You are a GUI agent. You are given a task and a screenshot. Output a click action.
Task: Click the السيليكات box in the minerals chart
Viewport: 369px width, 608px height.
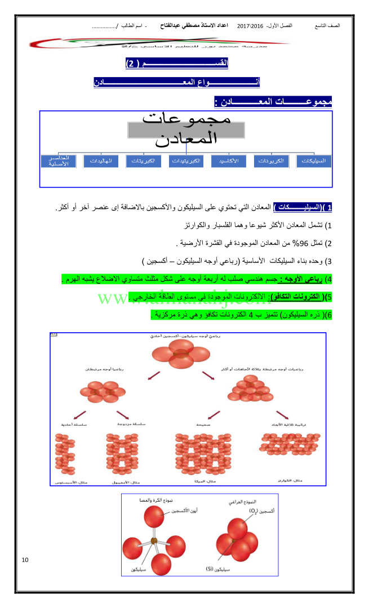313,161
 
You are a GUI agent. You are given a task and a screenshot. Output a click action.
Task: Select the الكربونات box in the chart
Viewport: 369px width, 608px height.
270,161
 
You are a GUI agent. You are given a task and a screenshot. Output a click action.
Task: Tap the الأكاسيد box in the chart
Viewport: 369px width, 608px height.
228,161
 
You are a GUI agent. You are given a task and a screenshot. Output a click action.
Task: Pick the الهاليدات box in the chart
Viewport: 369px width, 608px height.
100,161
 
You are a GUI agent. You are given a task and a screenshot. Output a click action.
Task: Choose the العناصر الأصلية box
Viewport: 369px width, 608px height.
58,161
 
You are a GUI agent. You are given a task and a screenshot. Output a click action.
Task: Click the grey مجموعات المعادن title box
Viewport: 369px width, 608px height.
186,129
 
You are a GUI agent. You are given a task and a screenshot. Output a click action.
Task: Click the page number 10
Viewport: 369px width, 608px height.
25,560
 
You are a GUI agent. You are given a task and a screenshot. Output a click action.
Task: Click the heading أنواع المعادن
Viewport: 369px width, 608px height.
177,83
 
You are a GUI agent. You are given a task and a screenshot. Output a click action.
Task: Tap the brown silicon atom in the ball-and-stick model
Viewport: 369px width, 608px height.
154,541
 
